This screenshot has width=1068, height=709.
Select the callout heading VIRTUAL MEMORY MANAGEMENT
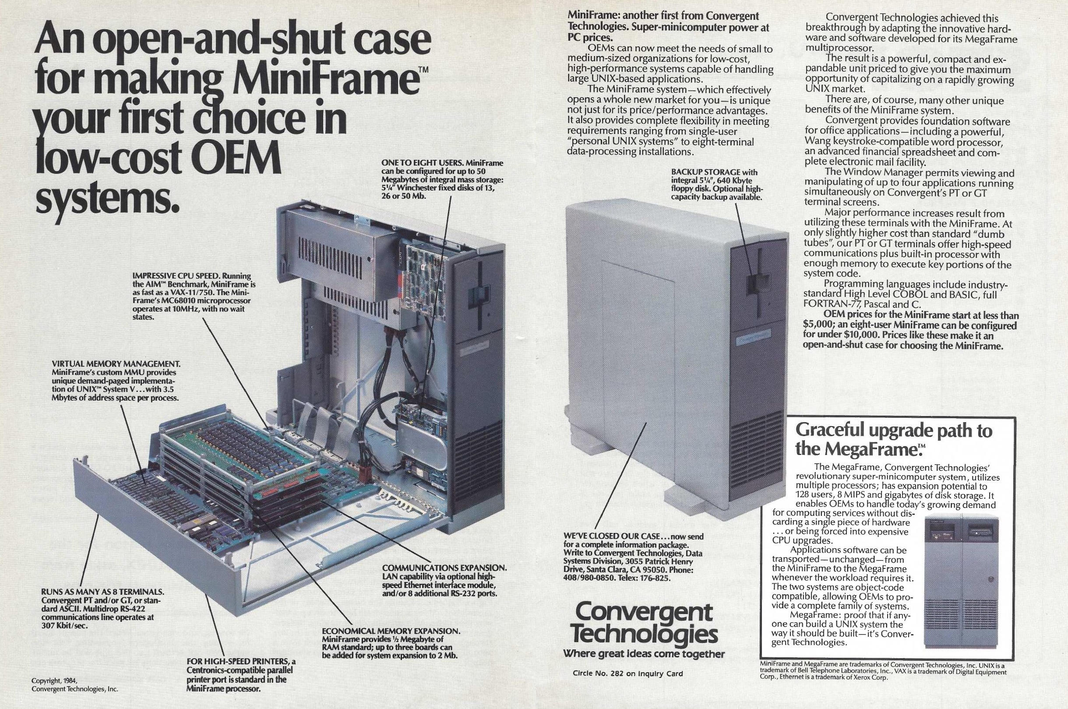116,363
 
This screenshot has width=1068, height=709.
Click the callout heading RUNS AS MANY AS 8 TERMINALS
102,592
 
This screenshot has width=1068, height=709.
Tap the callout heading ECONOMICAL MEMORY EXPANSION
391,631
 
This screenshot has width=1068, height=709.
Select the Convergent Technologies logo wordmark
643,624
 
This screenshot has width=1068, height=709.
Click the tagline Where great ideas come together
643,654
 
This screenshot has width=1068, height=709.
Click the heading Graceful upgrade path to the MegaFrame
893,439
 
